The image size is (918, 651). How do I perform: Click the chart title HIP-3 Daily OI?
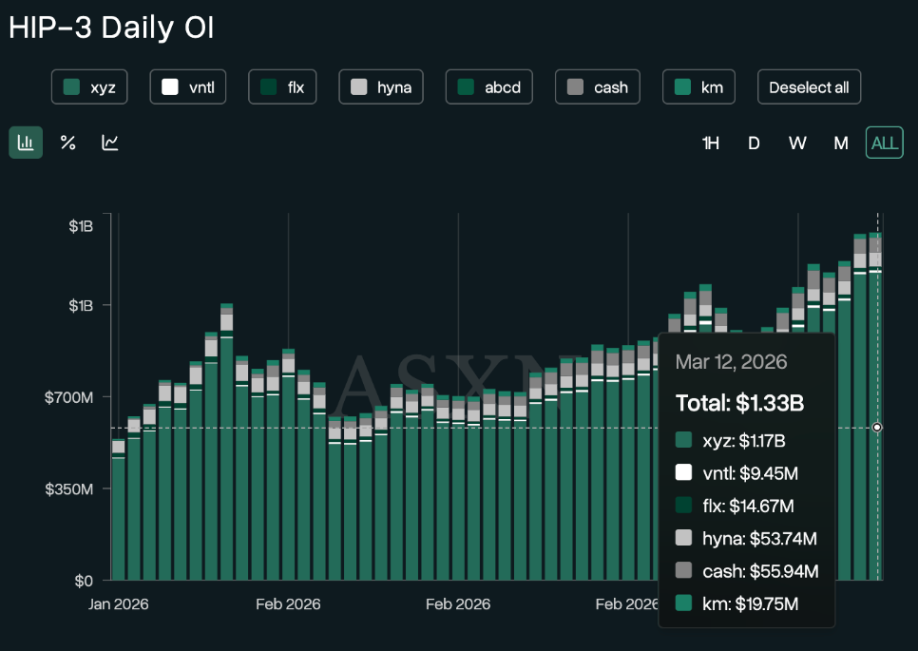[111, 28]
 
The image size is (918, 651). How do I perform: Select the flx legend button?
[282, 87]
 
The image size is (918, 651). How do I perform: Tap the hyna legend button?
[380, 87]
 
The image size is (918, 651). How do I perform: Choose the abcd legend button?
[489, 87]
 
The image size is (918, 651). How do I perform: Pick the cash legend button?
[597, 87]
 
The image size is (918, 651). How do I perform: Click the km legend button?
[698, 87]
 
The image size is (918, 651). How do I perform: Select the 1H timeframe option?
[711, 143]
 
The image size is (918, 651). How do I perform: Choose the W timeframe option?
[797, 143]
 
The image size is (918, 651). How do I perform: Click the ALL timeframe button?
[884, 143]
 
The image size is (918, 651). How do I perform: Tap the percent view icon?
[68, 143]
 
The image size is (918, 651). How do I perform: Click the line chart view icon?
[110, 143]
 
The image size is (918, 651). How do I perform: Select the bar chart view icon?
[26, 143]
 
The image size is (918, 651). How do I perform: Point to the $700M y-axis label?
[69, 396]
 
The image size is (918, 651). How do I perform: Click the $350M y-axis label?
[69, 488]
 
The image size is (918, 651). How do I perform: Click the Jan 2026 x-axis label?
[119, 603]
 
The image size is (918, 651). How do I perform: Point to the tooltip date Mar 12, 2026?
[731, 362]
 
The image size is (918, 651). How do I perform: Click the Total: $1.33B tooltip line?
[740, 403]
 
